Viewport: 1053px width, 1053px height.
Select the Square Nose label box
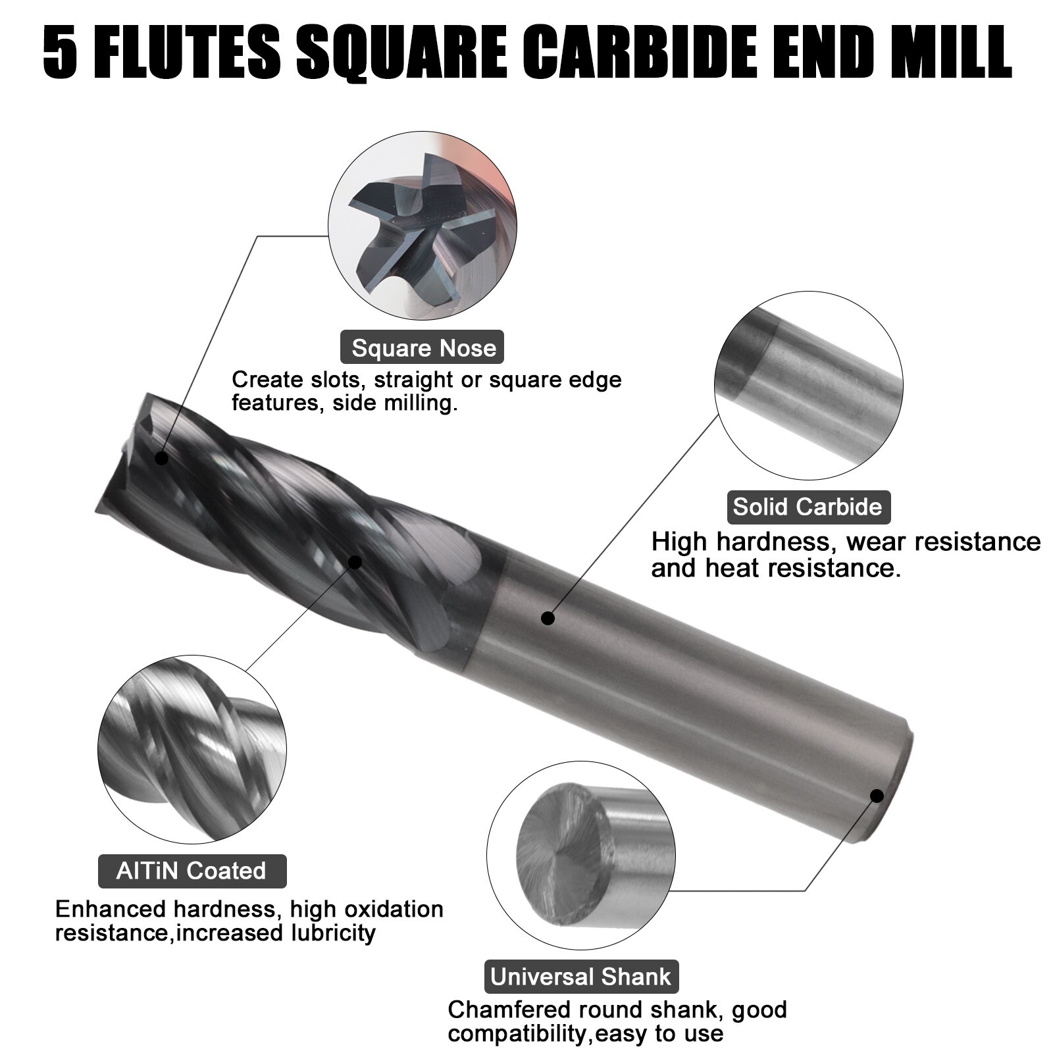tap(422, 347)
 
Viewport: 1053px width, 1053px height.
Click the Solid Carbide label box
tap(808, 507)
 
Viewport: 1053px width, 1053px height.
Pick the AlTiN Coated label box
tap(192, 871)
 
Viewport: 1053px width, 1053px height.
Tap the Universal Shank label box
tap(581, 977)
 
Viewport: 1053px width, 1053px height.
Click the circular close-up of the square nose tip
tap(422, 225)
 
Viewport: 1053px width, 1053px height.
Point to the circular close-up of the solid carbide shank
tap(808, 386)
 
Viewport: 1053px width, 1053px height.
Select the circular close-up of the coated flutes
tap(192, 750)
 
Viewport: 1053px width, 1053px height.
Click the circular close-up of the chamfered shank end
tap(581, 856)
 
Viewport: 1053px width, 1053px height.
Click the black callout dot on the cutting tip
tap(161, 458)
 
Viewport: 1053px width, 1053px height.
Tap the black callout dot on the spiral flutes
tap(355, 562)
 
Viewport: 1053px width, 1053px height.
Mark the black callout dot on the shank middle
tap(548, 618)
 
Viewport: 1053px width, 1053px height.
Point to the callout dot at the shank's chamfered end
tap(877, 796)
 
